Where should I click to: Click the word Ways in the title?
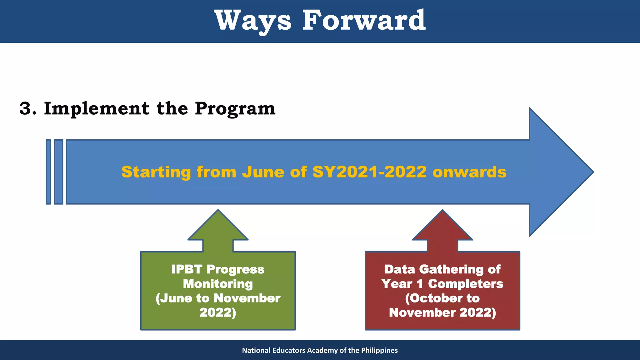[x=253, y=21]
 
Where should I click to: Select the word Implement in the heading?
[x=97, y=109]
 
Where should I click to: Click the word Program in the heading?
[x=235, y=109]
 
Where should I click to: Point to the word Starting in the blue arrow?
[x=156, y=172]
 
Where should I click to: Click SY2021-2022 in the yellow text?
[x=369, y=172]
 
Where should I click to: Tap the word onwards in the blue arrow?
[x=469, y=172]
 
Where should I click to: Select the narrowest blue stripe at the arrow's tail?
[x=48, y=172]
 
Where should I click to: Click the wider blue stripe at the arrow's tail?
[x=58, y=172]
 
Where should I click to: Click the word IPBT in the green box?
[x=187, y=269]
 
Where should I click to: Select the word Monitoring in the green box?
[x=218, y=284]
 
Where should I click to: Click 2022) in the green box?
[x=218, y=312]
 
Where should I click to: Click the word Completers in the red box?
[x=465, y=284]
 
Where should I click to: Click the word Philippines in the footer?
[x=379, y=350]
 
